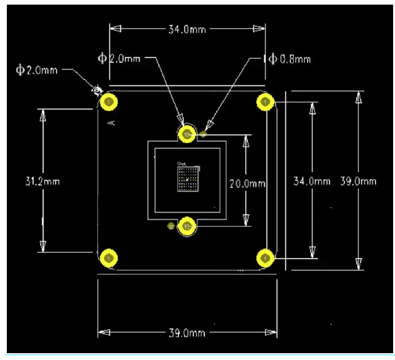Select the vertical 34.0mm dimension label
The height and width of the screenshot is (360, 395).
click(312, 181)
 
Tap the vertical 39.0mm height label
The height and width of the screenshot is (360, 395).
click(358, 181)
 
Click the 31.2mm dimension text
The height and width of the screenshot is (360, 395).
click(42, 181)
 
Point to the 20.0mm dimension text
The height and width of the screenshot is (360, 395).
click(247, 183)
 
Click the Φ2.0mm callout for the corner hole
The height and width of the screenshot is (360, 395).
click(37, 70)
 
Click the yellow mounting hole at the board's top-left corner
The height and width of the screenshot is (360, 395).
click(110, 102)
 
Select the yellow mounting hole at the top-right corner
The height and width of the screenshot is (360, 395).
click(265, 102)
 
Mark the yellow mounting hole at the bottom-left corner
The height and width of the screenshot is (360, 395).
click(110, 257)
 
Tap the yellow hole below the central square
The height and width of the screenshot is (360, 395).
click(187, 226)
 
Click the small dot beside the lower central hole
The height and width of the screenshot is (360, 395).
click(170, 226)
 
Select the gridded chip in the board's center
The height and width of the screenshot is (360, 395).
click(187, 179)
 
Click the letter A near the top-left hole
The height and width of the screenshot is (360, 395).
click(112, 123)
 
